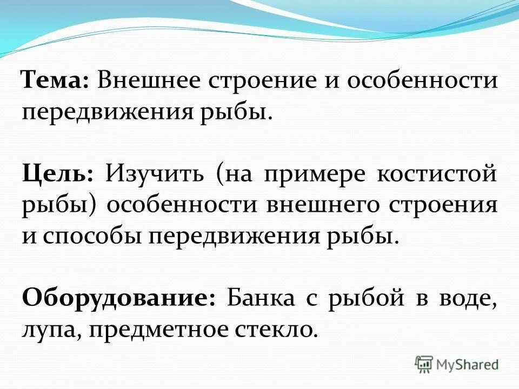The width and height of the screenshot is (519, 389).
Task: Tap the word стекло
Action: tap(275, 329)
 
